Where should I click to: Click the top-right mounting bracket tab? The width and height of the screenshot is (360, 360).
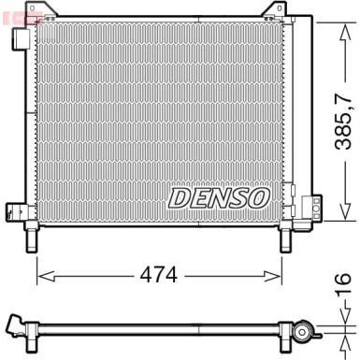pos(271,11)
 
